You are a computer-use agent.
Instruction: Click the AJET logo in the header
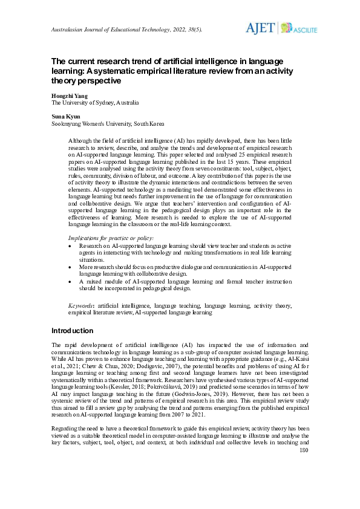coord(260,28)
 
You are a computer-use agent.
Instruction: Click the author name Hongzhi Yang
coord(69,96)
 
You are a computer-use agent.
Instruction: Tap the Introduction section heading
coord(73,331)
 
